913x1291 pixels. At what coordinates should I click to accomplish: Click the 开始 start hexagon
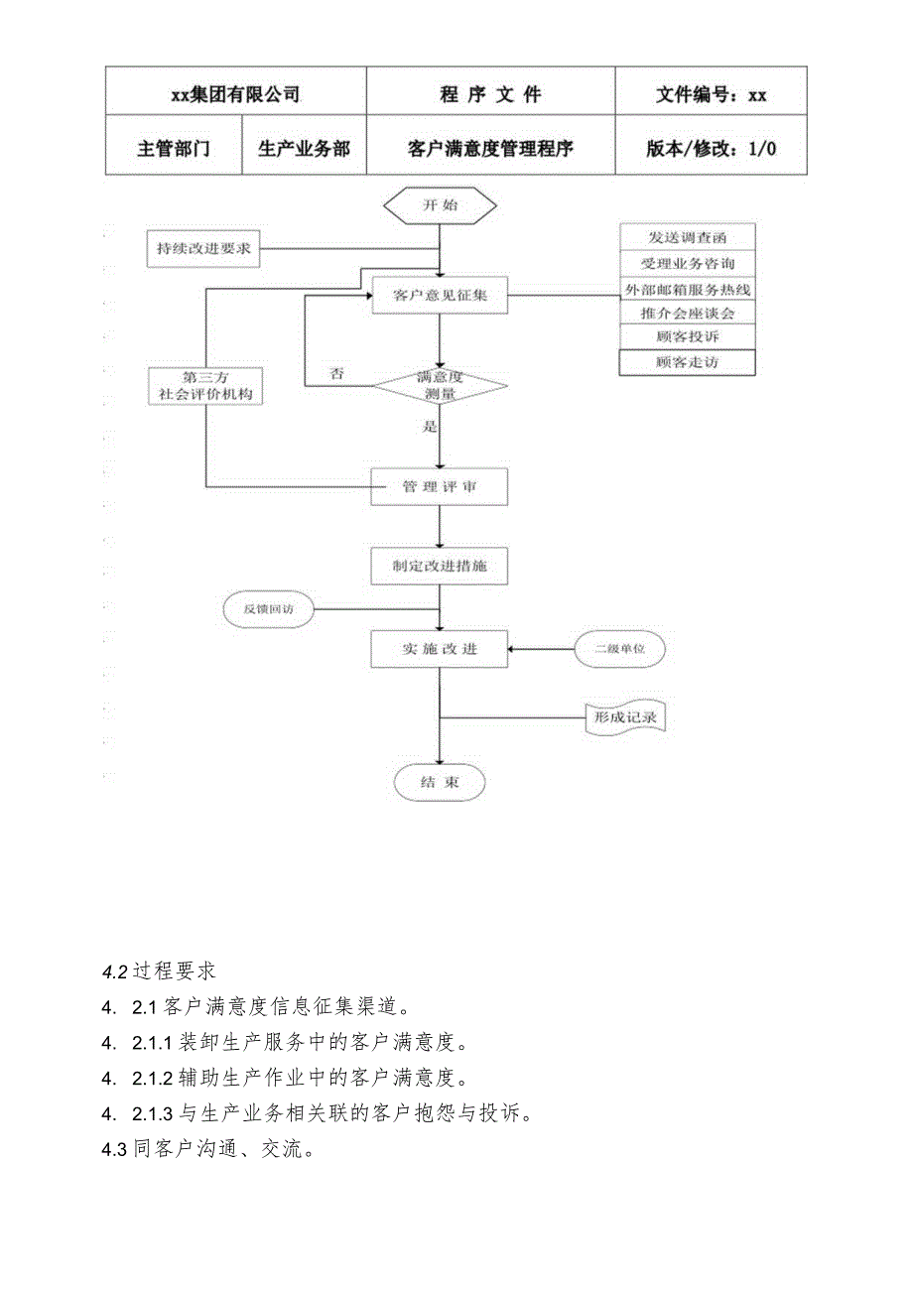click(x=441, y=205)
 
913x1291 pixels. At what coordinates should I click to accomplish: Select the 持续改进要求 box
click(x=203, y=250)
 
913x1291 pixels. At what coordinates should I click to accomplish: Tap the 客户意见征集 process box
click(x=440, y=296)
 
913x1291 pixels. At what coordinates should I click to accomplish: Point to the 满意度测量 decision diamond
click(x=440, y=386)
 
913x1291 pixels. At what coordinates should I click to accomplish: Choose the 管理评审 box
click(x=440, y=486)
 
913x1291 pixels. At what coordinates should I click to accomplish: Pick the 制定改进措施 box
click(x=440, y=567)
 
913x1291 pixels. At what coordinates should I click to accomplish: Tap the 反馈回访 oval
click(x=265, y=609)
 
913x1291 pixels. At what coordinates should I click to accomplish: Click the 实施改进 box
click(x=440, y=649)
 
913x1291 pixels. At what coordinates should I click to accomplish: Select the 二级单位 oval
click(x=620, y=649)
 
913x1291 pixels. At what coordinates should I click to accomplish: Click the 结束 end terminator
click(x=440, y=782)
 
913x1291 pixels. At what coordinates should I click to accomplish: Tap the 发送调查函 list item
click(x=687, y=237)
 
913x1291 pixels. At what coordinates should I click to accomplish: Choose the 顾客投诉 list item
click(x=687, y=337)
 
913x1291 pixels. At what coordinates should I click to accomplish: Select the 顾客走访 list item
click(x=687, y=362)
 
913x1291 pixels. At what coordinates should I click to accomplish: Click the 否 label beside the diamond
click(x=337, y=374)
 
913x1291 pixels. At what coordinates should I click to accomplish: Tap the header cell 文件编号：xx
click(x=711, y=95)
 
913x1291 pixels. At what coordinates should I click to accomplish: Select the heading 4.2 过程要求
click(x=159, y=969)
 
